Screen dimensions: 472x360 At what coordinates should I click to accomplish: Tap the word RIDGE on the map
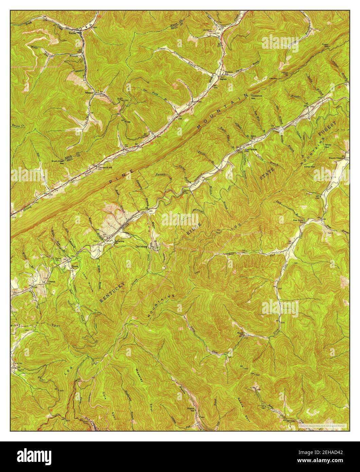195,230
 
